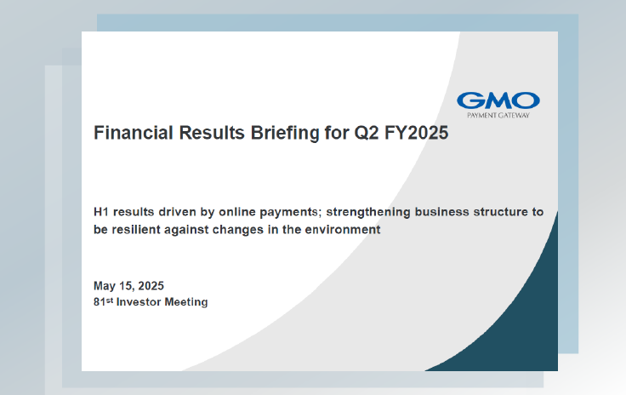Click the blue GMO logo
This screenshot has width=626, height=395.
(x=498, y=100)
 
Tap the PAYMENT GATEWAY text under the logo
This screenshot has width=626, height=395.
(x=498, y=116)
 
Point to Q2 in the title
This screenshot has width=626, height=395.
(x=367, y=133)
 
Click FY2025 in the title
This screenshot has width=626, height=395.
(x=417, y=133)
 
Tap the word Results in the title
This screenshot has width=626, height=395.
(x=212, y=133)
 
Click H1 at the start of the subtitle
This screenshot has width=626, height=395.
(x=101, y=212)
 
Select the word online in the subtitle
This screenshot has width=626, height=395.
(x=236, y=212)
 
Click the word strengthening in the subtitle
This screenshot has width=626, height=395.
(x=368, y=213)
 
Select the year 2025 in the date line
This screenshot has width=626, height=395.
(x=151, y=286)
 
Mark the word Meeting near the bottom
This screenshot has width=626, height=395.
(x=186, y=302)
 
